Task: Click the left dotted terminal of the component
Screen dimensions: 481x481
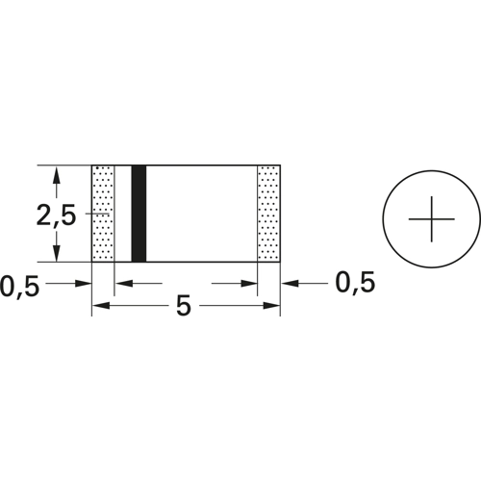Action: (x=103, y=214)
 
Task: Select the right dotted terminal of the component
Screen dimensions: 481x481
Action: (x=268, y=214)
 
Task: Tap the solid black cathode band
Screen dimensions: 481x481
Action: (x=139, y=214)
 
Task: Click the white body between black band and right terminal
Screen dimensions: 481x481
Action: (x=202, y=214)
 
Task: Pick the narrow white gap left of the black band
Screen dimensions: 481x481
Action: (x=122, y=214)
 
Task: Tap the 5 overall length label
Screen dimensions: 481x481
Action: (x=184, y=308)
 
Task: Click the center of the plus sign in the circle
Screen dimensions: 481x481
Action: (x=431, y=217)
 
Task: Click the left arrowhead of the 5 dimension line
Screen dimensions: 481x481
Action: (x=99, y=306)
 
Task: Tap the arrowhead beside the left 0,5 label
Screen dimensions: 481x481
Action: (x=84, y=284)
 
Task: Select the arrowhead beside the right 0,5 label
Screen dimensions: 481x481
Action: (x=288, y=284)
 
